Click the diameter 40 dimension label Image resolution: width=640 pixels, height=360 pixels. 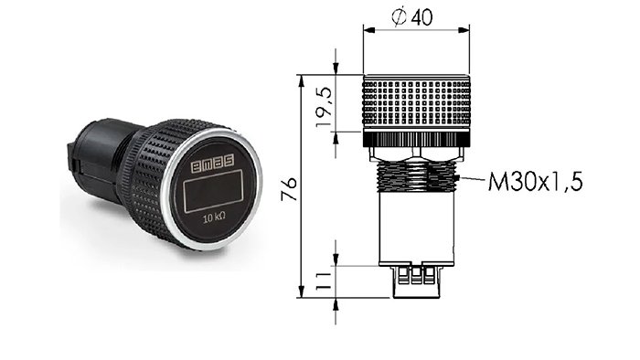pos(411,17)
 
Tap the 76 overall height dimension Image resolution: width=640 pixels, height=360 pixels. pos(290,189)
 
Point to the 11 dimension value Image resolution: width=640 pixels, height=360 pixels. pos(325,281)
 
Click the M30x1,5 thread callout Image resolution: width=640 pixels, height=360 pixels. pos(535,181)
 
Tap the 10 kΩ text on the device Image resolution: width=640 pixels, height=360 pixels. pos(215,217)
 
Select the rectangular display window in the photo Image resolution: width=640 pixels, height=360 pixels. pos(213,191)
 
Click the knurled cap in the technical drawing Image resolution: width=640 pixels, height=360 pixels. pos(416,103)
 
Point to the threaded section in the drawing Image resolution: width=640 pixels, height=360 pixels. pos(415,175)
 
